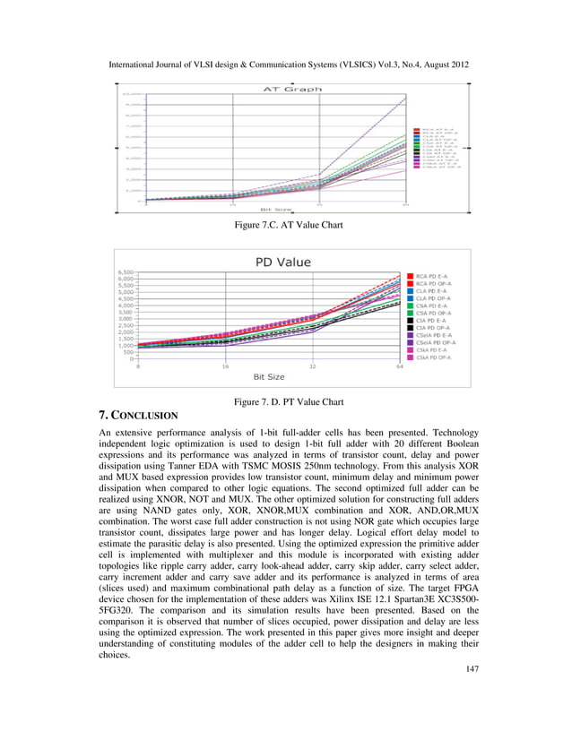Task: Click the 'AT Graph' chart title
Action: pos(285,89)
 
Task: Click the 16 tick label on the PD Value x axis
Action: pos(224,366)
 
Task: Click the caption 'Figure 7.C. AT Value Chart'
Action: pos(286,227)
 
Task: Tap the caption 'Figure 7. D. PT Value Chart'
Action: pos(286,401)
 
